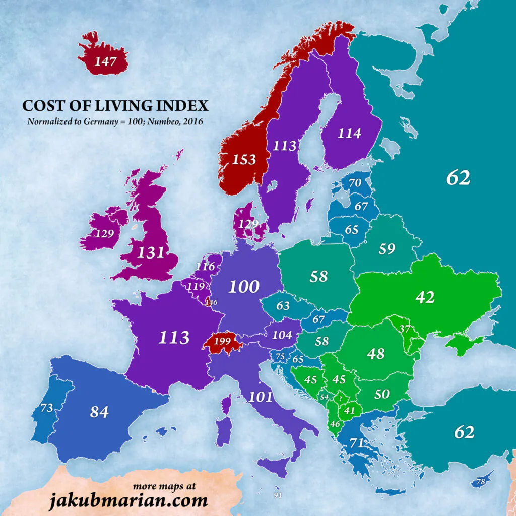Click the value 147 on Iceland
(x=105, y=62)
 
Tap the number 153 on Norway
(x=244, y=159)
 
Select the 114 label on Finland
(x=349, y=133)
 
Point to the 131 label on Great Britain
(x=151, y=252)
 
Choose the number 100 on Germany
(x=244, y=287)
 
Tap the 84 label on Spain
(x=99, y=412)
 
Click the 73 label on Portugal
(x=47, y=408)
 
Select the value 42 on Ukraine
(x=424, y=297)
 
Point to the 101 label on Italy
(x=260, y=397)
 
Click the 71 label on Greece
(x=356, y=443)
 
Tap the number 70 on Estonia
(x=355, y=183)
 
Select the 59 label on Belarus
(x=386, y=249)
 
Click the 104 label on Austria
(x=282, y=335)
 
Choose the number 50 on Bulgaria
(x=382, y=394)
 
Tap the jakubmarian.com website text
(x=128, y=501)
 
